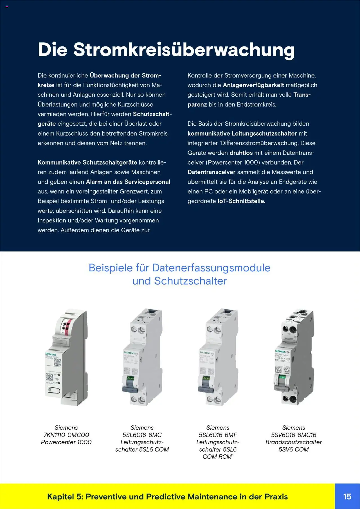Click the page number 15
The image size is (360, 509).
(347, 496)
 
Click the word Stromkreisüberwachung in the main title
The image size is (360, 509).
(184, 50)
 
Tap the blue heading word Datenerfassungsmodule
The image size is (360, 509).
(211, 268)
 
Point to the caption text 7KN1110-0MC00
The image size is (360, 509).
(66, 435)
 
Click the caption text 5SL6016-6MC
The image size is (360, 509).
(142, 435)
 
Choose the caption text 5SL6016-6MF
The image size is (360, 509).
(218, 435)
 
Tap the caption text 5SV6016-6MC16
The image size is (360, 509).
(294, 435)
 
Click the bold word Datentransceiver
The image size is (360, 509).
(211, 172)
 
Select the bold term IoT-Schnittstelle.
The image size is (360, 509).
(241, 201)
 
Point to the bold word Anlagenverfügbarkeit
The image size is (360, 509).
(253, 85)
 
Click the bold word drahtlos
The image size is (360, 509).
(241, 153)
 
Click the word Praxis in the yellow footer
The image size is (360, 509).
(276, 497)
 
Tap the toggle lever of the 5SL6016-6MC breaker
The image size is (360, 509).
(130, 389)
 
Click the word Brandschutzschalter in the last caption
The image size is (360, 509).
(294, 442)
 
